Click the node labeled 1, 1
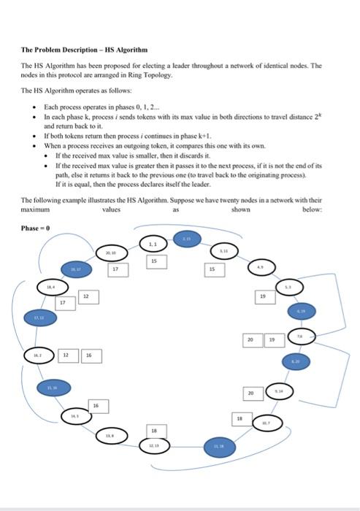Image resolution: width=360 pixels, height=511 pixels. pyautogui.click(x=153, y=244)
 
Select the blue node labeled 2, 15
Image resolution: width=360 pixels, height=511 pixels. pyautogui.click(x=186, y=239)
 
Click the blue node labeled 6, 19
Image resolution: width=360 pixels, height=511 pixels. pyautogui.click(x=299, y=311)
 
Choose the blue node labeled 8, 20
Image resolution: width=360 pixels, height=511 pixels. pyautogui.click(x=295, y=360)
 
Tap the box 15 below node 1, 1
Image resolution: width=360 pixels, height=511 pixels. pyautogui.click(x=154, y=260)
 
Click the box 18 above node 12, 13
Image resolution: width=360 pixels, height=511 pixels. pyautogui.click(x=153, y=429)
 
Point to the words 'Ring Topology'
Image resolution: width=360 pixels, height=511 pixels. pyautogui.click(x=150, y=75)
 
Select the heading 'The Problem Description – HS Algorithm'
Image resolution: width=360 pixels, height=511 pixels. pyautogui.click(x=84, y=50)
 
